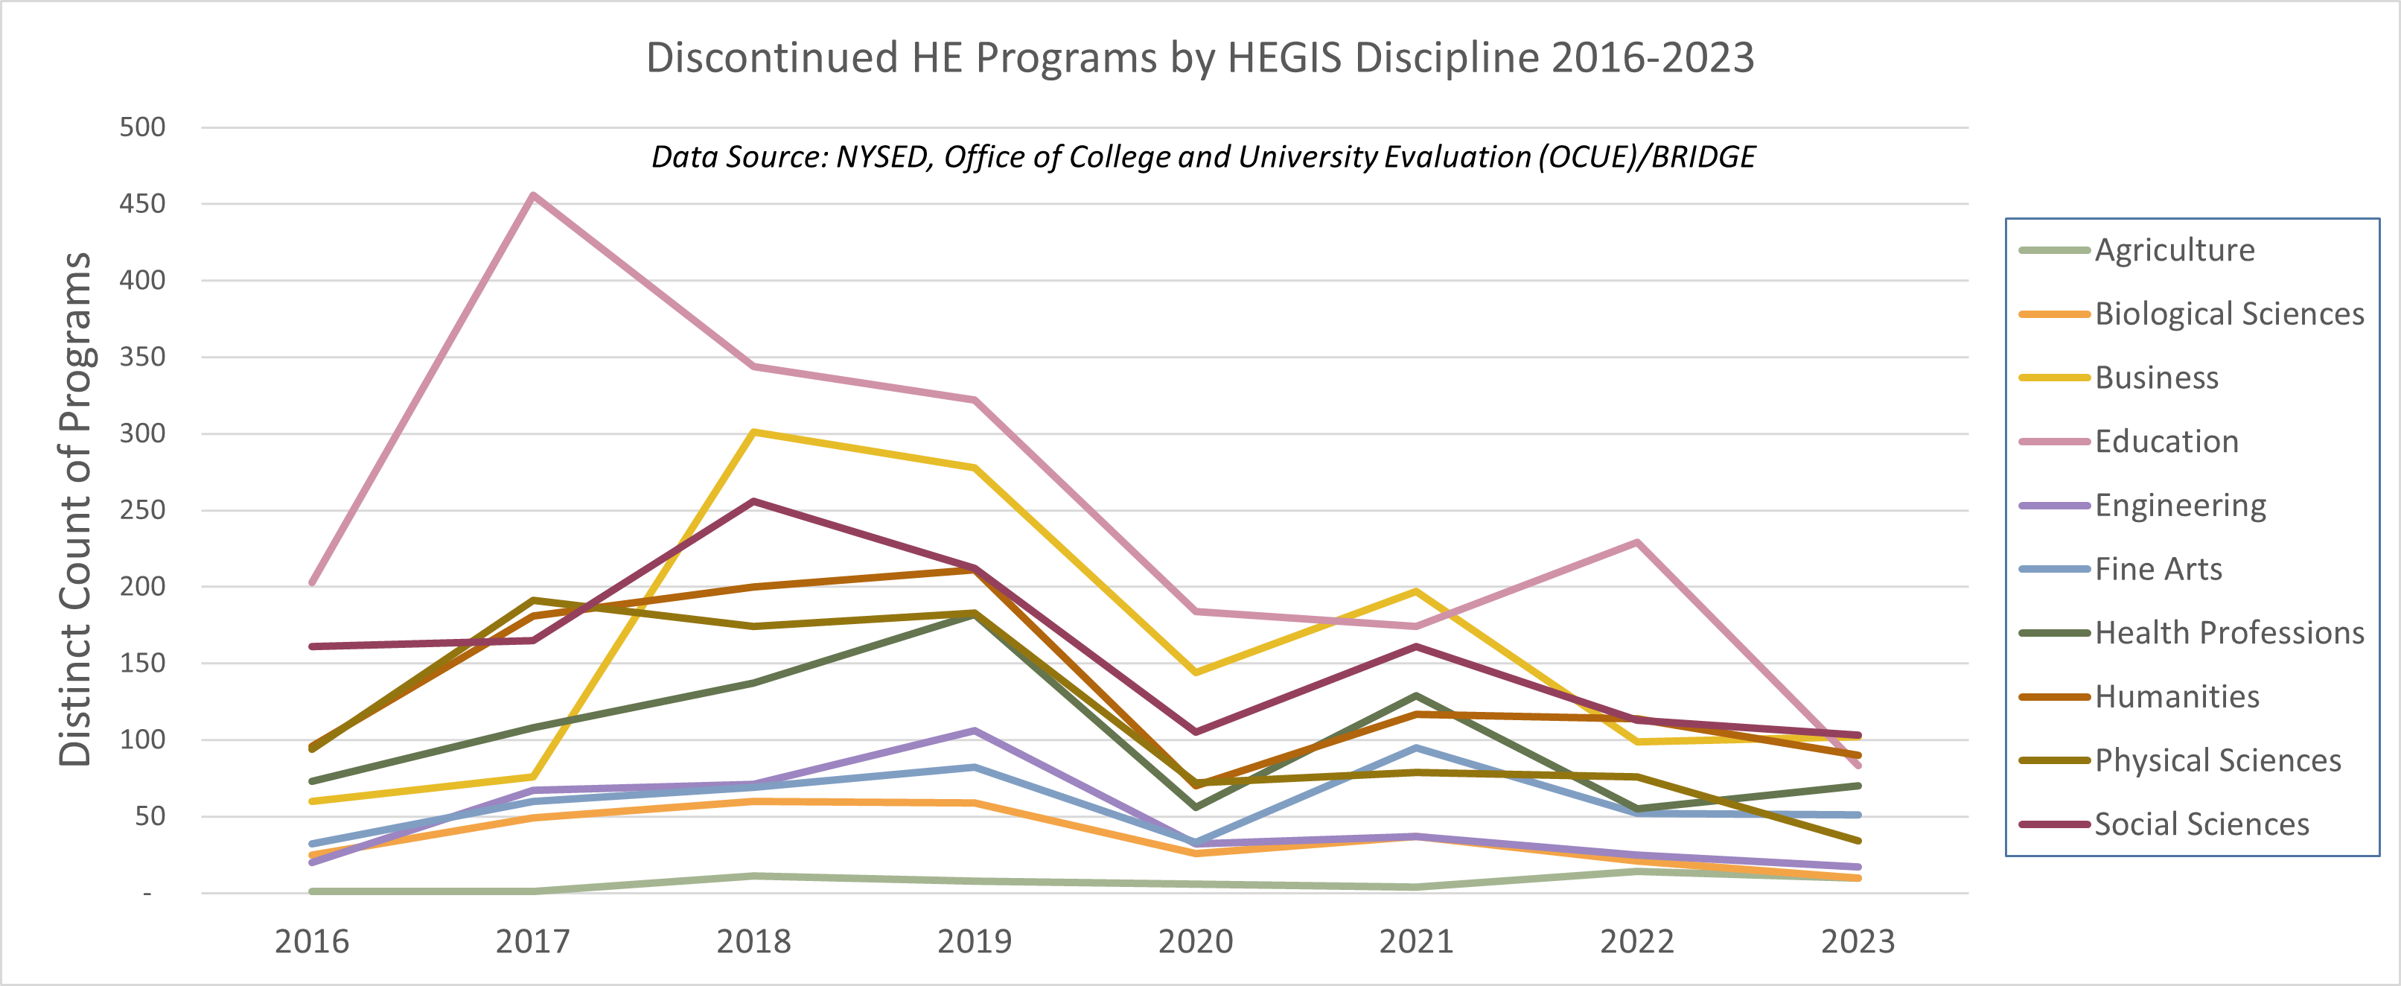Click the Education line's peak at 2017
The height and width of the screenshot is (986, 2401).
tap(532, 195)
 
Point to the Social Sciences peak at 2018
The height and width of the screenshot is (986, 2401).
tap(753, 501)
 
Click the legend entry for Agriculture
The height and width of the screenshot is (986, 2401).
tap(2175, 249)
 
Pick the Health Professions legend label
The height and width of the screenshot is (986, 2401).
tap(2228, 633)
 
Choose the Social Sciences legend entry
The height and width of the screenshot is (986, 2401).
tap(2201, 824)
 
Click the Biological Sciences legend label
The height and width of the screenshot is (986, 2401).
tap(2228, 314)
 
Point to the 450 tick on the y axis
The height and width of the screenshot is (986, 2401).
tap(143, 204)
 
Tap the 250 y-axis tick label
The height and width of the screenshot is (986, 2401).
tap(143, 510)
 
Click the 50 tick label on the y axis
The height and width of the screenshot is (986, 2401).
tap(150, 816)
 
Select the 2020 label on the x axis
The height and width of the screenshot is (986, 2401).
tap(1195, 941)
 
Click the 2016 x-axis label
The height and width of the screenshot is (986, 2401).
tap(311, 941)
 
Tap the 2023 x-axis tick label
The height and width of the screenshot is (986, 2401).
tap(1858, 941)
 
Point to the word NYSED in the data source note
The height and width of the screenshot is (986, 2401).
tap(884, 156)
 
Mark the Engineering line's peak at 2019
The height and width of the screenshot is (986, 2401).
tap(974, 731)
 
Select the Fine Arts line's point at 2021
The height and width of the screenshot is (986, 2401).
tap(1416, 748)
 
